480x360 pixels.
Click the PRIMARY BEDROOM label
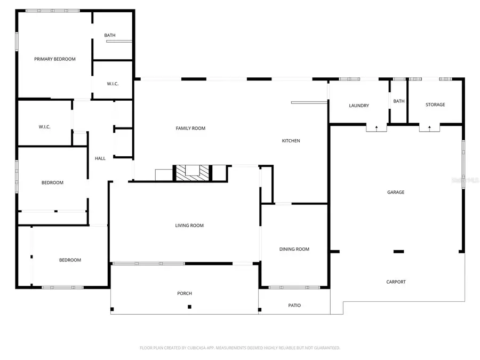pyautogui.click(x=55, y=59)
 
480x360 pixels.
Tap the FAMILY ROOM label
pyautogui.click(x=190, y=129)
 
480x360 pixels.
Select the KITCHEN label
pyautogui.click(x=291, y=141)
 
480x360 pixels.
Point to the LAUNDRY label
pyautogui.click(x=359, y=106)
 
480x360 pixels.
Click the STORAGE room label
pyautogui.click(x=435, y=105)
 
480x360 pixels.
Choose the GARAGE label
pyautogui.click(x=396, y=192)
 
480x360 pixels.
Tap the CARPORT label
pyautogui.click(x=396, y=282)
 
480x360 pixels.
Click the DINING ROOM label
pyautogui.click(x=294, y=249)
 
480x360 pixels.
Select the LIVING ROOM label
pyautogui.click(x=189, y=226)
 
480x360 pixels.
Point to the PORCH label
pyautogui.click(x=185, y=293)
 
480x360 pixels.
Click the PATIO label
pyautogui.click(x=294, y=306)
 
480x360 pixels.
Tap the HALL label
pyautogui.click(x=100, y=158)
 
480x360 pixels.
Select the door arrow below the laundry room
pyautogui.click(x=377, y=128)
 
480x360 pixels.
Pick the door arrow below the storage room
pyautogui.click(x=430, y=128)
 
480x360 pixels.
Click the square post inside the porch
pyautogui.click(x=189, y=307)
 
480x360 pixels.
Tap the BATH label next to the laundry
pyautogui.click(x=399, y=101)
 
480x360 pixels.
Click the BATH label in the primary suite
pyautogui.click(x=110, y=36)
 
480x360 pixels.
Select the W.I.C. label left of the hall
pyautogui.click(x=44, y=127)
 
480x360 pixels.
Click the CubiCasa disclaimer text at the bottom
pyautogui.click(x=240, y=348)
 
